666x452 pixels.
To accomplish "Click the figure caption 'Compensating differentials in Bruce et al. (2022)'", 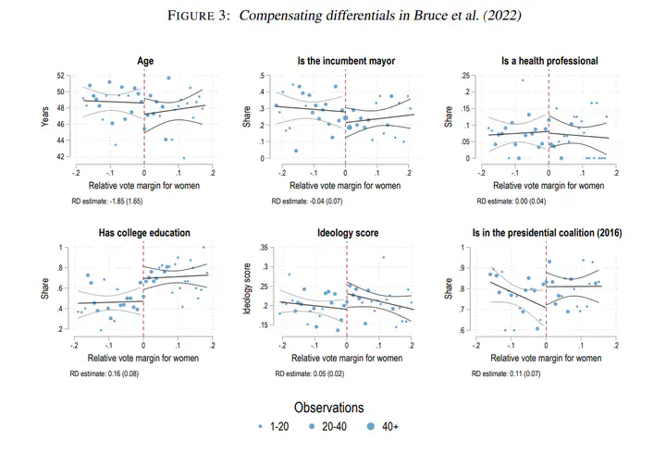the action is pos(380,16).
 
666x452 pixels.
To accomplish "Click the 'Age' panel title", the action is pos(145,61).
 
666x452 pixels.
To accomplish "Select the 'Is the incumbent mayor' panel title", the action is pos(346,61).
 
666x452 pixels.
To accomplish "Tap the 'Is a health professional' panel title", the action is pos(549,61).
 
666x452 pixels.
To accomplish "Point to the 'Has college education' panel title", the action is pos(144,233).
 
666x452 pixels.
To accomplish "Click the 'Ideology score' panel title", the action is pos(348,233).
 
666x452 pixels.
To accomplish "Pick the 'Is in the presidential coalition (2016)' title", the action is pos(547,233).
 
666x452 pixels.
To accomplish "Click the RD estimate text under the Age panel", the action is pos(107,202).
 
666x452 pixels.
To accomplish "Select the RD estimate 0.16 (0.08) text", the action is pos(104,374).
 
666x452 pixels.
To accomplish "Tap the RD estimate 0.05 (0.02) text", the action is pos(310,374).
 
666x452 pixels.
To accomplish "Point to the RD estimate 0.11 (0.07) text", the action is pos(506,374).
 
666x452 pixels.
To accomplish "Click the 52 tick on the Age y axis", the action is pos(61,76).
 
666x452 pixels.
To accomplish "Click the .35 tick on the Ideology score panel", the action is pos(264,248).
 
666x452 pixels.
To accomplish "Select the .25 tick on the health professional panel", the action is pos(465,76).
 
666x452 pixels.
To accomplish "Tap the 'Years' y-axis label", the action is pos(44,116).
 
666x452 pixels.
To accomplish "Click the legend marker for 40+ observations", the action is pos(371,426).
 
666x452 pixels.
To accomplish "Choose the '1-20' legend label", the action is pos(279,426).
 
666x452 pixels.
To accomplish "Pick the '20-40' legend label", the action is pos(334,426).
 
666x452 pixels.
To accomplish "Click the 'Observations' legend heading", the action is pos(329,408).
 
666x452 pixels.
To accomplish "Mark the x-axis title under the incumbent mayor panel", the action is pos(345,186).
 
